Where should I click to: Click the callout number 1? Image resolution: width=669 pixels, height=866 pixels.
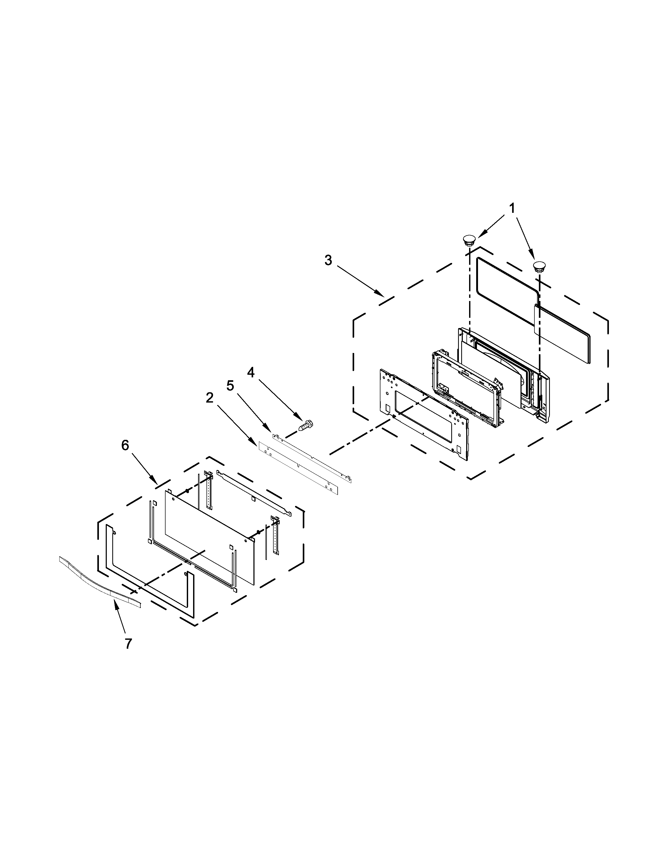512,208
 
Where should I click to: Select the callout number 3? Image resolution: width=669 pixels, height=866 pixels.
328,261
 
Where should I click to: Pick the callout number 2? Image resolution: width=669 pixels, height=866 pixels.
210,398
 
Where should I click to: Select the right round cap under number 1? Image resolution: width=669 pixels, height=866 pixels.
539,266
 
